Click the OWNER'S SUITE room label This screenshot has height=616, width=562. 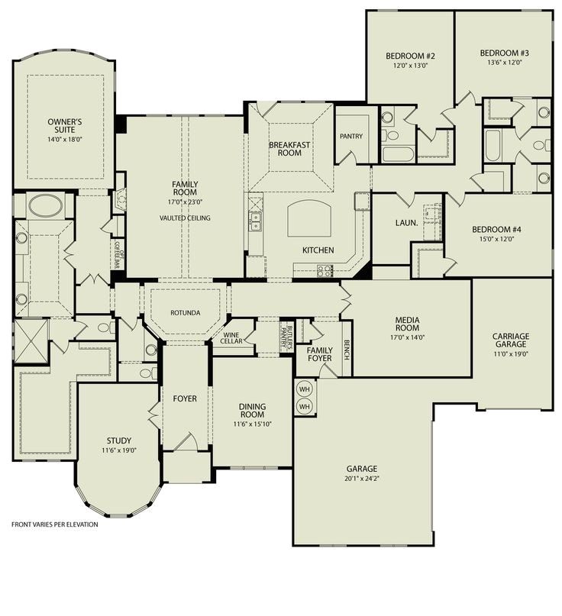64,126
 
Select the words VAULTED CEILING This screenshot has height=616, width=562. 184,218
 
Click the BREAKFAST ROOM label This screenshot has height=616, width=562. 290,149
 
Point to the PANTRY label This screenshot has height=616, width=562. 351,137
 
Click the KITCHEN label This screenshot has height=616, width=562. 318,250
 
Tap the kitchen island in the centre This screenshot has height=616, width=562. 311,218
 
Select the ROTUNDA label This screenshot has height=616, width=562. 186,313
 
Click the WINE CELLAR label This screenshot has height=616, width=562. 233,337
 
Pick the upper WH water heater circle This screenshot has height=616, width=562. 304,388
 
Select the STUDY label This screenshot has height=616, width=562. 118,440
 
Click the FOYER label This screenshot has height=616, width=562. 185,398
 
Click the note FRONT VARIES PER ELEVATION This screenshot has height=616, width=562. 54,524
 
